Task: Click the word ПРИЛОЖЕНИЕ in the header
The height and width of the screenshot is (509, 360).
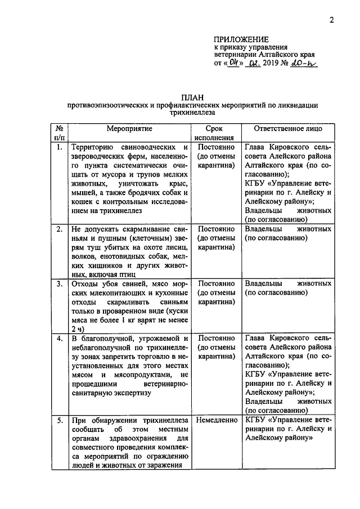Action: pos(241,39)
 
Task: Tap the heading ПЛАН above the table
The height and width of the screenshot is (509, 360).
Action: pos(192,97)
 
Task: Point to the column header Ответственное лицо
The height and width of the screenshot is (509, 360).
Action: pos(288,129)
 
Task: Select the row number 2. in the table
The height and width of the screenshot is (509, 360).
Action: pos(59,229)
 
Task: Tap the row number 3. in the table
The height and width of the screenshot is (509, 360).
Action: pos(59,283)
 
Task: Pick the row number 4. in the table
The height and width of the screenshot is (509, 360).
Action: pos(59,338)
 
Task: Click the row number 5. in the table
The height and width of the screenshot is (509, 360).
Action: pos(59,420)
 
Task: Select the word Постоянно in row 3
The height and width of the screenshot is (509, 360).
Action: pos(216,283)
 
